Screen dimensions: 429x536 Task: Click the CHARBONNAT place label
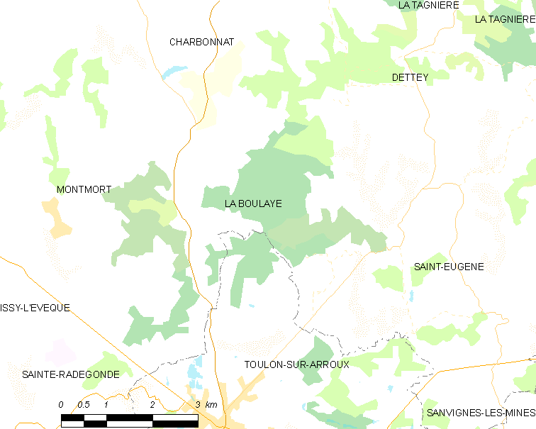tap(201, 42)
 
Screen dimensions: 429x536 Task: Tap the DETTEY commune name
tap(410, 77)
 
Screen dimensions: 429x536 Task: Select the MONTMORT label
tap(84, 189)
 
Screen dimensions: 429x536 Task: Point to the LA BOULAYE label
tap(253, 204)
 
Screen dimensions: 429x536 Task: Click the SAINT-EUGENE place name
tap(448, 267)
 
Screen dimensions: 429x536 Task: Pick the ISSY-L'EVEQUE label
tap(35, 308)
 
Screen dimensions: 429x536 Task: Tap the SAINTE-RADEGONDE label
tap(66, 374)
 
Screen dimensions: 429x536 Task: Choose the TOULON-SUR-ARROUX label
tap(297, 364)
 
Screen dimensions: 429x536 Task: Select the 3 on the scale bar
tap(199, 404)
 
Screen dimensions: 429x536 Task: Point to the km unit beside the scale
tap(211, 404)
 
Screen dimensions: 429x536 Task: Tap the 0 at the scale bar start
tap(62, 404)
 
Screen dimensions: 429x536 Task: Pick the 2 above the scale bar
tap(152, 404)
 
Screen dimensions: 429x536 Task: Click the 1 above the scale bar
tap(106, 404)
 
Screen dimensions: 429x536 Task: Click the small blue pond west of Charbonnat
tap(172, 72)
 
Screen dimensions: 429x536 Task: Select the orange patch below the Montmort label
tap(57, 219)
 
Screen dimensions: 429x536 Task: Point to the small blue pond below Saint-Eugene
tap(411, 295)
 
